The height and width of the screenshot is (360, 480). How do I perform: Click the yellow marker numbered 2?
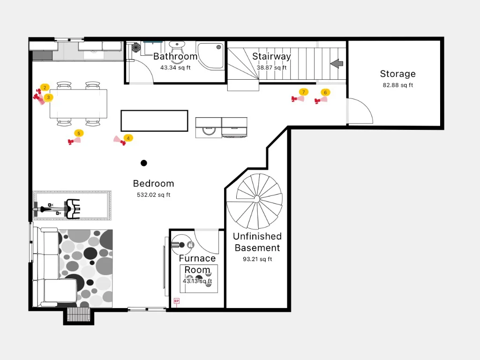45,88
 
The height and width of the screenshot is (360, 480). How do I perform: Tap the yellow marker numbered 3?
48,97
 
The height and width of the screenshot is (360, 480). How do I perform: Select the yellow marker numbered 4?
128,138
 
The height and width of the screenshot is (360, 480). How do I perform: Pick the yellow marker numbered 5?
79,133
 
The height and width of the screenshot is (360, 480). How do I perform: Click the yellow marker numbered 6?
325,92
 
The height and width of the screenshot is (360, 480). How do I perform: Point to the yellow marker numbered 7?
304,92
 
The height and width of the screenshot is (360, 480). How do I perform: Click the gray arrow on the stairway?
337,64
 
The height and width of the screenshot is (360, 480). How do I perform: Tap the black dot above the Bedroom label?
144,163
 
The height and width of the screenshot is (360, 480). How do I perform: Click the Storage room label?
397,74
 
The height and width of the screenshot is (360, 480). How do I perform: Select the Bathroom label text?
175,56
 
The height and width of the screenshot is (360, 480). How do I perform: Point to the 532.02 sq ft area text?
153,195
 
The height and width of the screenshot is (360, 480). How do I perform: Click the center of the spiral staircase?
257,199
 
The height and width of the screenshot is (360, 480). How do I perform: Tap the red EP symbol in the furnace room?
177,301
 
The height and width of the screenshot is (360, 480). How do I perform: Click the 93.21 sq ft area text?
257,259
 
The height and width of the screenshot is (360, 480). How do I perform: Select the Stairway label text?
271,56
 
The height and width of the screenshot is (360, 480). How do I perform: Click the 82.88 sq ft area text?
397,85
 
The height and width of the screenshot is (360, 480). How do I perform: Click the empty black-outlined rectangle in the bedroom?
154,121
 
